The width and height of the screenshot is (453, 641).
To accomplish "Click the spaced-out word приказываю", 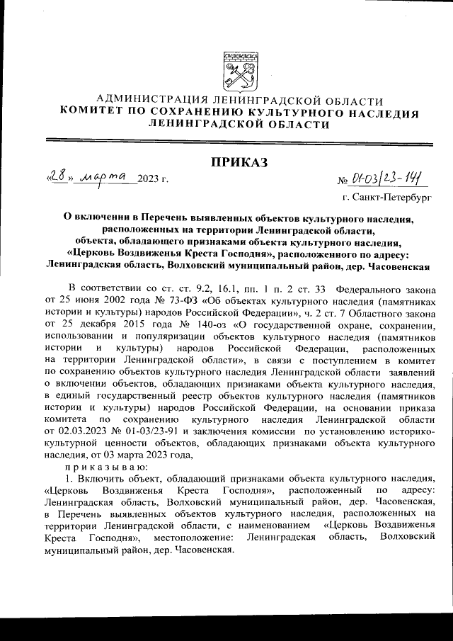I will coord(103,467).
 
